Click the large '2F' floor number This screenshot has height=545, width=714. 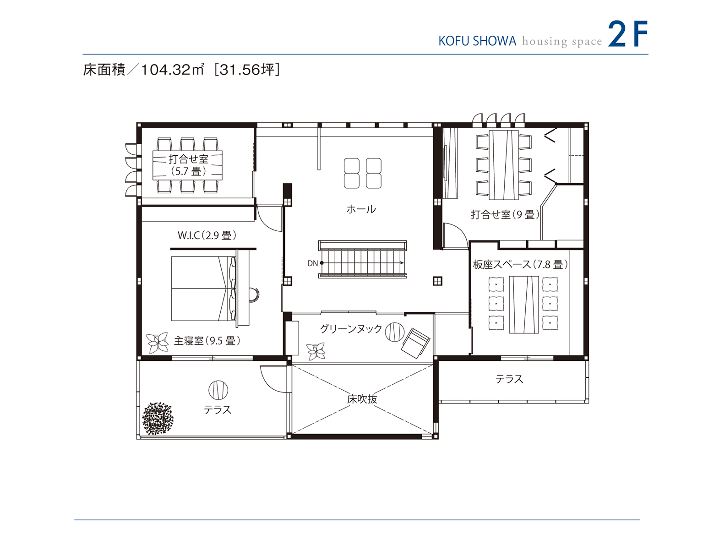[627, 34]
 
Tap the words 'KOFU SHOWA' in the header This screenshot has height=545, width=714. [477, 41]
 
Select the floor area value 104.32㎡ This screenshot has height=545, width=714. [172, 70]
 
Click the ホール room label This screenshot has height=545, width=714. [361, 209]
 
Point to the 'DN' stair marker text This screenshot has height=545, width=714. [312, 263]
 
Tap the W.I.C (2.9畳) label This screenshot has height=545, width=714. [207, 235]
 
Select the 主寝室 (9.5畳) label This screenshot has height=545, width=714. [207, 341]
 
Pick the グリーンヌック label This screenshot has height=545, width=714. [350, 329]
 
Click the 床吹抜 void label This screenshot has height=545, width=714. [362, 399]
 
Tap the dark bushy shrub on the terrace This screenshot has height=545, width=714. [158, 418]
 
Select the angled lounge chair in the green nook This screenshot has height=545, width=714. [415, 342]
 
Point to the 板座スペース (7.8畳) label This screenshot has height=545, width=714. [520, 264]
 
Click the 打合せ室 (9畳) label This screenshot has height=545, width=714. [505, 214]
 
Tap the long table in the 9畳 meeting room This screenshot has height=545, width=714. [503, 165]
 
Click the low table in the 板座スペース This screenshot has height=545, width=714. [523, 305]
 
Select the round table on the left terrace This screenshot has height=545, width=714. [218, 390]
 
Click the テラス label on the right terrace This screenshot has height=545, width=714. [509, 379]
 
